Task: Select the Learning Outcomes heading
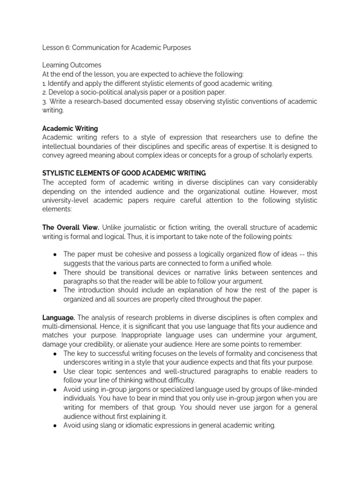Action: point(72,65)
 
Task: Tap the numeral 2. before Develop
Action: point(45,92)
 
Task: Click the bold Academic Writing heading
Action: point(70,128)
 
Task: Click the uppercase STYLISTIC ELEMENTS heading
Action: point(124,173)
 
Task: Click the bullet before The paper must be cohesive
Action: point(55,254)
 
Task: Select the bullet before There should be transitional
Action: point(55,272)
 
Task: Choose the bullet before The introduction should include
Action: point(55,290)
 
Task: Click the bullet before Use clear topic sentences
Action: point(55,371)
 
